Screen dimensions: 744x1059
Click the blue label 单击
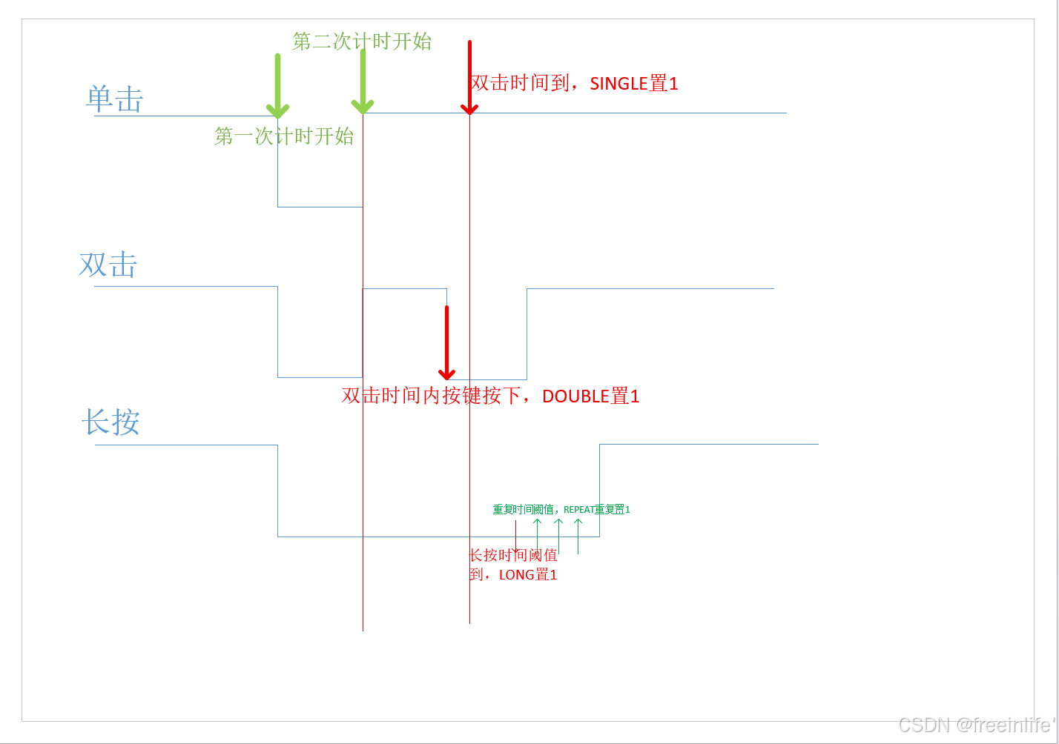click(115, 99)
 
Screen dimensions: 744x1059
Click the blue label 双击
click(108, 265)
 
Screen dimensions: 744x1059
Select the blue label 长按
click(110, 422)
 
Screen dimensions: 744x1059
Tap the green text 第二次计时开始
click(362, 41)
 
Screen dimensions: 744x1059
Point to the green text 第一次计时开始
click(284, 136)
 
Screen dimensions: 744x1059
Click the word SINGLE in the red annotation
click(619, 84)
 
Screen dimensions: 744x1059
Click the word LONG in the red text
click(516, 575)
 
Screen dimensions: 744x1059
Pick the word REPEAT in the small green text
click(578, 510)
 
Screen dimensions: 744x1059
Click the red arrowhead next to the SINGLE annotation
click(469, 108)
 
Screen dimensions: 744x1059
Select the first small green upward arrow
click(538, 523)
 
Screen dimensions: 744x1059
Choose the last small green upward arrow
click(578, 523)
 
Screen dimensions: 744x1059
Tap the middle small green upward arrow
click(558, 523)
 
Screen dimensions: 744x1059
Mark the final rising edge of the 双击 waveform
click(527, 333)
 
